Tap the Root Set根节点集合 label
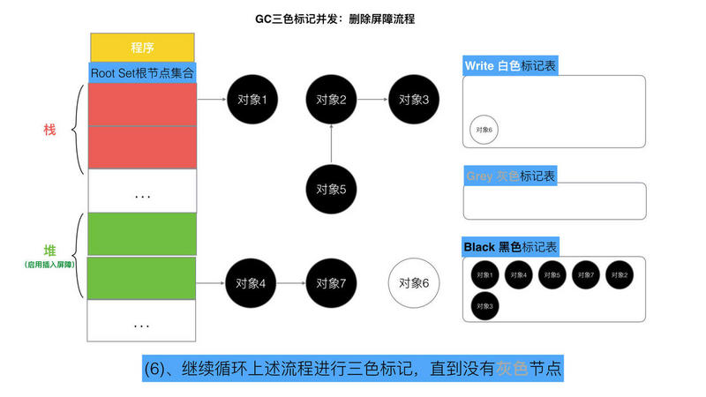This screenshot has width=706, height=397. click(x=142, y=72)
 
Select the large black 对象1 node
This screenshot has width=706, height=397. click(x=252, y=100)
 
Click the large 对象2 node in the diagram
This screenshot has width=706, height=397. click(x=331, y=100)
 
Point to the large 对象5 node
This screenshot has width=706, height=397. click(x=331, y=188)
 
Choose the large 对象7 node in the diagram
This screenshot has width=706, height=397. click(x=331, y=283)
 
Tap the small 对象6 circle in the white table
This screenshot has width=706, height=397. click(x=484, y=130)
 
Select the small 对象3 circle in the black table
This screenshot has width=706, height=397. click(x=484, y=306)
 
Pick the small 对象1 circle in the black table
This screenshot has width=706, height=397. click(x=484, y=275)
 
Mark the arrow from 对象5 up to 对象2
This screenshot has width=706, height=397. click(x=331, y=144)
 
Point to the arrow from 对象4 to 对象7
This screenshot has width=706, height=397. click(x=291, y=283)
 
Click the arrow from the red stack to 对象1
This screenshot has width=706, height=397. click(x=211, y=100)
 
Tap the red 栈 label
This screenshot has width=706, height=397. click(x=49, y=130)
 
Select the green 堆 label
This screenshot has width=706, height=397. click(x=49, y=250)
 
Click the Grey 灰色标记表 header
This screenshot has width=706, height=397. click(x=510, y=176)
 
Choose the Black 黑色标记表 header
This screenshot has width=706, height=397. click(x=511, y=247)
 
